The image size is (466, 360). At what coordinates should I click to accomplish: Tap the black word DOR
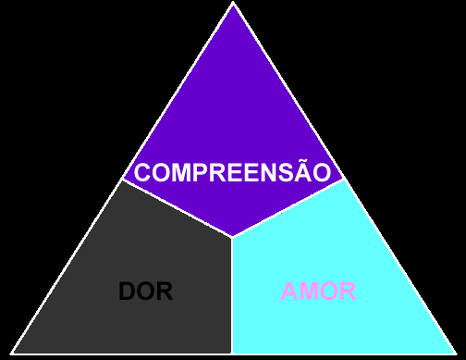click(x=146, y=291)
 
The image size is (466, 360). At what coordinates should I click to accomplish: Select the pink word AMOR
click(x=319, y=291)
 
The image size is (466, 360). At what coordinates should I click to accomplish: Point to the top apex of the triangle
click(x=233, y=2)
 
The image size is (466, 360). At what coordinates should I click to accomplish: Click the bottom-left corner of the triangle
click(x=11, y=354)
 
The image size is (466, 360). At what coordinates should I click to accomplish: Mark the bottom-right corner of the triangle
click(x=456, y=354)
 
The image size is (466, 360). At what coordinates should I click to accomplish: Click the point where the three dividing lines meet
click(x=232, y=237)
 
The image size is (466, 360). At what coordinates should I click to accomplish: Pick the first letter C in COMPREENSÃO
click(x=142, y=172)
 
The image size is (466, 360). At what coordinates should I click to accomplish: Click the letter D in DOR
click(x=128, y=291)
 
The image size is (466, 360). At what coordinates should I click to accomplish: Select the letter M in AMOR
click(x=309, y=291)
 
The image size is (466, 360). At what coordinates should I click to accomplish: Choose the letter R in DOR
click(x=165, y=291)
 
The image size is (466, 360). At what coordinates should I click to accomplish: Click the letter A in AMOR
click(x=289, y=291)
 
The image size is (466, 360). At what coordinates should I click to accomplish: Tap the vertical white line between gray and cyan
click(x=232, y=295)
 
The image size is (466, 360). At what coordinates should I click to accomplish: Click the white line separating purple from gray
click(x=178, y=208)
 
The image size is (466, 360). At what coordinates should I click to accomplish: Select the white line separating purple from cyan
click(x=288, y=208)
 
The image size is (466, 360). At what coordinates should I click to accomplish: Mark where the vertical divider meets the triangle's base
click(x=232, y=354)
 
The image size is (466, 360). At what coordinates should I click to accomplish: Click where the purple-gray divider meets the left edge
click(x=122, y=180)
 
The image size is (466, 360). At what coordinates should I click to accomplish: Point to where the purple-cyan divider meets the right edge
click(x=344, y=180)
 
